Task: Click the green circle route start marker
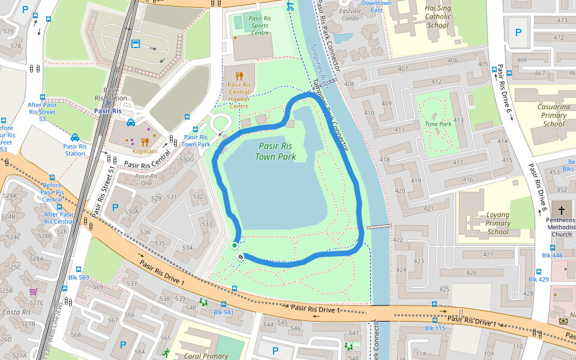pos(235,245)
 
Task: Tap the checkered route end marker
pos(241,257)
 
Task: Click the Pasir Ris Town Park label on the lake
pos(275,151)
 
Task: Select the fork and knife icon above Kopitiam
pos(145,142)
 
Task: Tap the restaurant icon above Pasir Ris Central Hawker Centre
pos(239,76)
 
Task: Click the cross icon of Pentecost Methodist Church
pos(561,211)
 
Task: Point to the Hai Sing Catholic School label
pos(437,17)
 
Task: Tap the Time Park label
pos(437,124)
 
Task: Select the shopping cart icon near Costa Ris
pos(33,292)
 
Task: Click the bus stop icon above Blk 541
pos(224,304)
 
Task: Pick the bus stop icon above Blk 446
pos(553,248)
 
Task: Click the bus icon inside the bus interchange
pos(136,44)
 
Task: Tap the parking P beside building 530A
pos(115,207)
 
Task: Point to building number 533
pos(207,224)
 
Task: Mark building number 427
pos(488,254)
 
